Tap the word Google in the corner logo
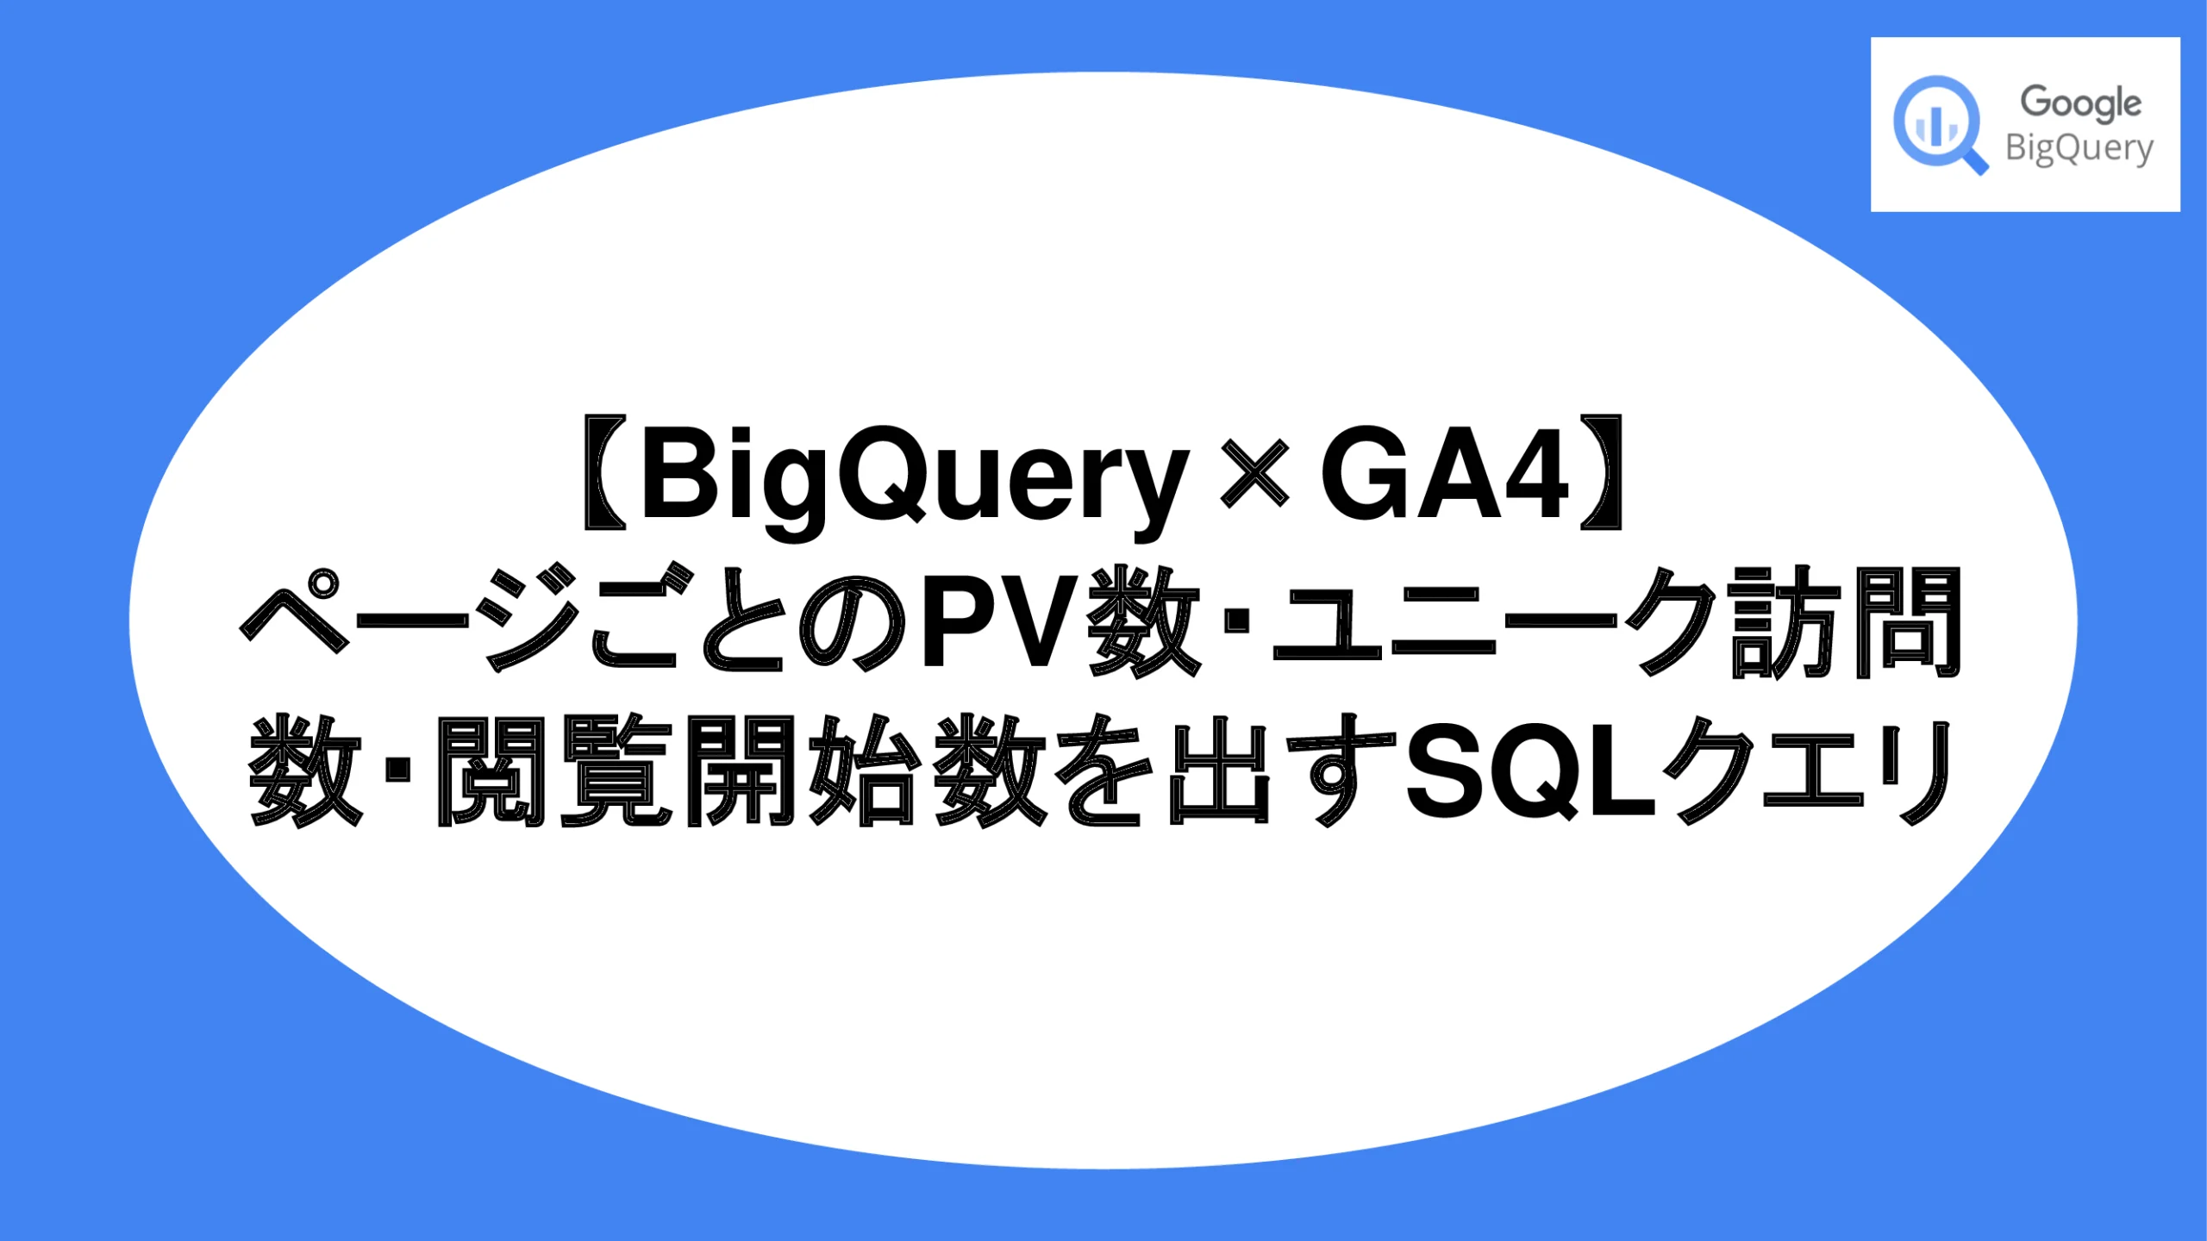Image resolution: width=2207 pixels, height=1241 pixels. coord(2080,103)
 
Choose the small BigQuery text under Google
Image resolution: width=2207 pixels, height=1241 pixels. coord(2079,149)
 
